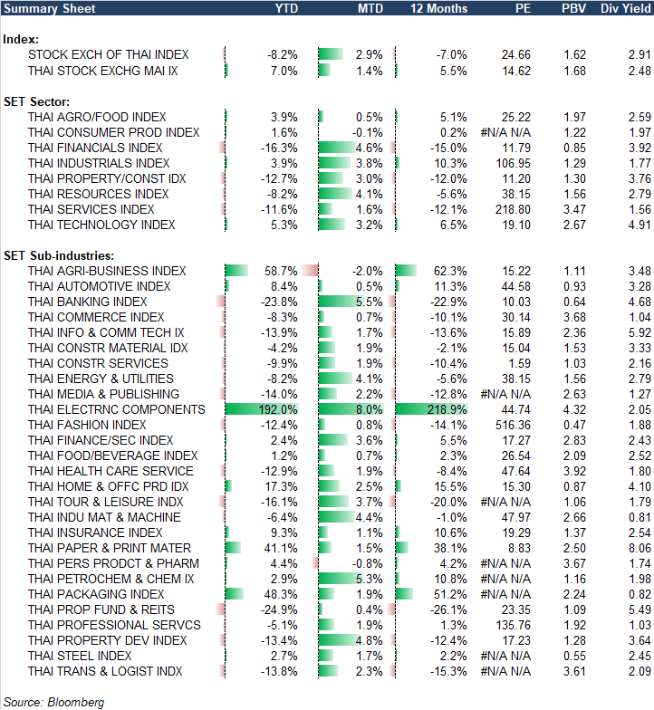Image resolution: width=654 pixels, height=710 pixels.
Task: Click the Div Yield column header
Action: [x=624, y=8]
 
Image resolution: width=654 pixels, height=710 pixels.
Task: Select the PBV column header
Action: [x=573, y=8]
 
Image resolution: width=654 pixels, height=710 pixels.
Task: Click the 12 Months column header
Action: [x=438, y=8]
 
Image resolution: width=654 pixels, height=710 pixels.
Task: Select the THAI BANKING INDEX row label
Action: [x=87, y=302]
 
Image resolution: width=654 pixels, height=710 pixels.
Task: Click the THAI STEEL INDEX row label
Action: [x=80, y=656]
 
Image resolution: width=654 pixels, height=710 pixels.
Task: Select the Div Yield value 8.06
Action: [x=639, y=548]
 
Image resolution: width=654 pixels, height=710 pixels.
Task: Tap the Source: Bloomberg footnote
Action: [x=53, y=702]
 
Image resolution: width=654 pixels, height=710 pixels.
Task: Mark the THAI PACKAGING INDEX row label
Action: [x=96, y=594]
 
